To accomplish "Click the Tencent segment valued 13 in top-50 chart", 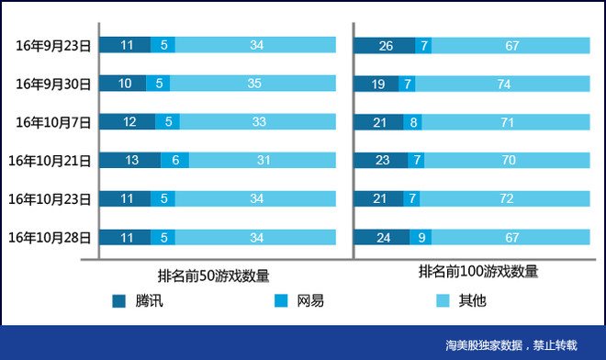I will click(x=130, y=160).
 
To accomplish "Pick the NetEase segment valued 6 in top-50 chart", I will click(x=175, y=160).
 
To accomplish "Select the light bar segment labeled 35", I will click(x=254, y=84).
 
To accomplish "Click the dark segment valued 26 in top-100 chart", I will click(x=385, y=45).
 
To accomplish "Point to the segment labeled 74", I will click(x=502, y=84).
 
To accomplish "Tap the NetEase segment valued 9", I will click(x=421, y=237).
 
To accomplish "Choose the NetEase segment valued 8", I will click(x=413, y=122).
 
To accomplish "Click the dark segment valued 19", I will click(x=377, y=84).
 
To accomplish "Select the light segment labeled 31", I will click(x=263, y=160).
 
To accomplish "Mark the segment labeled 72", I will click(x=506, y=198).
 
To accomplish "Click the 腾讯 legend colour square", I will click(x=118, y=301).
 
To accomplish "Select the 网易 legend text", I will click(x=310, y=301).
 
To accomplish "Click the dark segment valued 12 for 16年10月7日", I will click(x=128, y=122).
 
